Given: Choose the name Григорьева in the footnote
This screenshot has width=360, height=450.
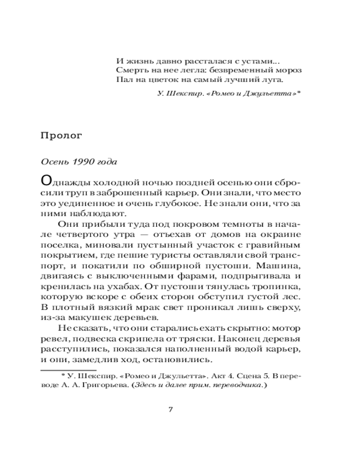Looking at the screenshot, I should tap(104, 386).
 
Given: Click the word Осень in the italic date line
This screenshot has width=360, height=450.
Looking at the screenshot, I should tap(53, 162).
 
